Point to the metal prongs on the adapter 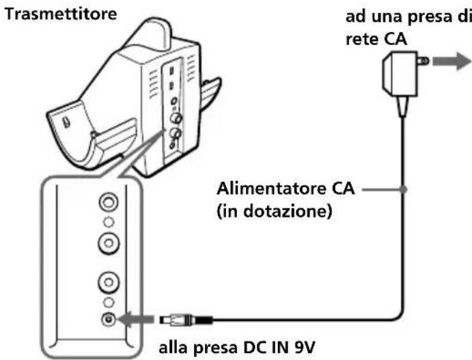coord(422,61)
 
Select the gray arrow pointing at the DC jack coord(137,318)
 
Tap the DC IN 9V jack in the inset coord(107,318)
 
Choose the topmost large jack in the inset coord(107,203)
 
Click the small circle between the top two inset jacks coord(107,222)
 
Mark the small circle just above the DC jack coord(107,301)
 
